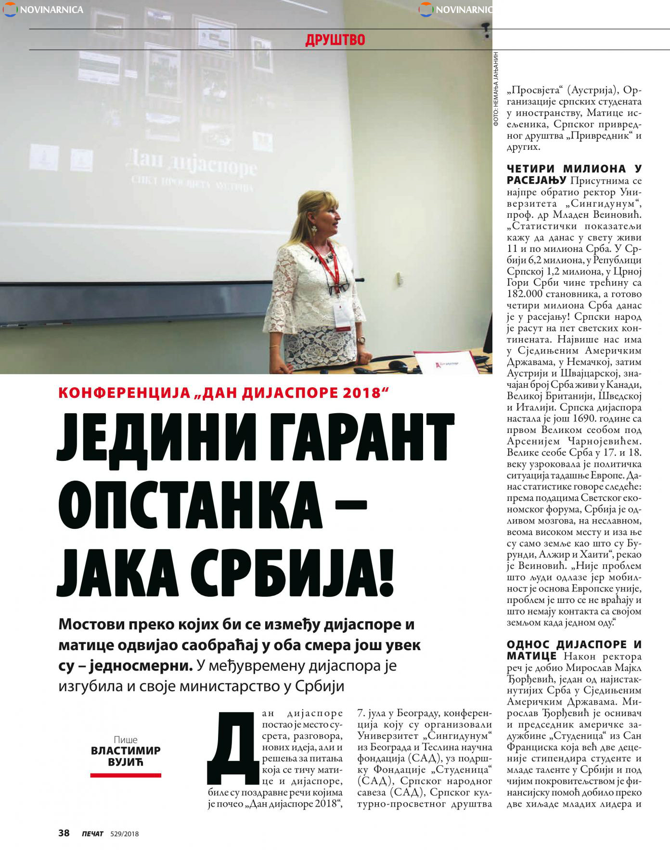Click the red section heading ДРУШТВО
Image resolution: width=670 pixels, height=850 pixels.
(335, 39)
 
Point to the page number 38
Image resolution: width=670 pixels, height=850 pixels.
(64, 833)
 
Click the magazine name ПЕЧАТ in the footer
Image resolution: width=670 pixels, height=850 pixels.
(92, 834)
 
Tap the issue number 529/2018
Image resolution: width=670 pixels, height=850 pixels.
(125, 834)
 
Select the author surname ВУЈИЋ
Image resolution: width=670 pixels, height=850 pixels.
(126, 762)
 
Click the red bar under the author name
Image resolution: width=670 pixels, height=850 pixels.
(126, 775)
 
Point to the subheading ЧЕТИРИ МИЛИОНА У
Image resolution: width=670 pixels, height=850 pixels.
(574, 169)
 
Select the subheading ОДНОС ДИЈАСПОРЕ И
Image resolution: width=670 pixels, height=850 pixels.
(574, 645)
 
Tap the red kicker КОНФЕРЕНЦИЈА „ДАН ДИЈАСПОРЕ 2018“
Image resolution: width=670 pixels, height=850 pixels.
(223, 393)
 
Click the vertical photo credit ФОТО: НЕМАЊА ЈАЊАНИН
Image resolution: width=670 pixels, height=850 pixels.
(496, 89)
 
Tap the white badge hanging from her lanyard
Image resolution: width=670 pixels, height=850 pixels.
(343, 315)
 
